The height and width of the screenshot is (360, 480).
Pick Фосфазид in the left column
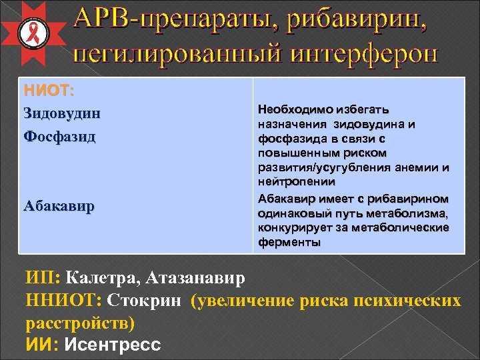59,137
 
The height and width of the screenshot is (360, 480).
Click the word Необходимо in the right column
293,109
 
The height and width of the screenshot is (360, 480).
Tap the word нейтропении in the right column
288,181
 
